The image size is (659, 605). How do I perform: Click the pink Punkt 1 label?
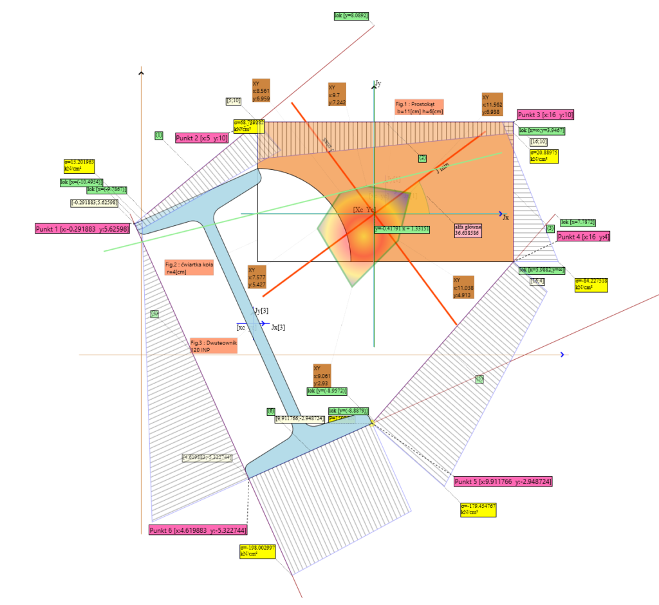81,228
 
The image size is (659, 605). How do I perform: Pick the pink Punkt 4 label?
582,237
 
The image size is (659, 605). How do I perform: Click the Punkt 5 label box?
502,481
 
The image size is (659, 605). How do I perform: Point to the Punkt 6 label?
197,530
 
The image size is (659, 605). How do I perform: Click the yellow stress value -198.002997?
257,550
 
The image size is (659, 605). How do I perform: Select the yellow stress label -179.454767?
478,510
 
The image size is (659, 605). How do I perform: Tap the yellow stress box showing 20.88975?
544,155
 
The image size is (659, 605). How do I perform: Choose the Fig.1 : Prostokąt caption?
419,107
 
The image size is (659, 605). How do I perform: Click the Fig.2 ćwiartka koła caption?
188,268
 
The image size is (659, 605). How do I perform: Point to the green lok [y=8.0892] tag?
351,15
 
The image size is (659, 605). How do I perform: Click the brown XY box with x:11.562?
492,104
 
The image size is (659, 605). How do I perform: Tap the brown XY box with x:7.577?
257,277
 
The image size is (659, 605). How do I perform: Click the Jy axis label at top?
378,83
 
